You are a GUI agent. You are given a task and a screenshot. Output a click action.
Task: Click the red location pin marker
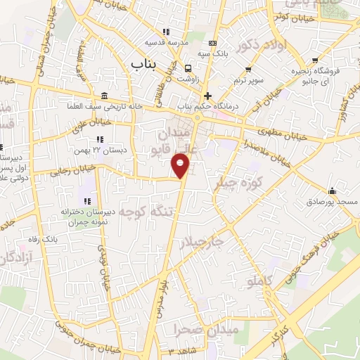(181, 165)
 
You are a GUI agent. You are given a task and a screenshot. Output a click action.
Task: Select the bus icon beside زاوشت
(188, 69)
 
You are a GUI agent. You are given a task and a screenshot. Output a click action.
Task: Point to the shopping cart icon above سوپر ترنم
(249, 70)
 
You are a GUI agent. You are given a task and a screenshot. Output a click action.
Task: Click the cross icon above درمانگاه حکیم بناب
(207, 96)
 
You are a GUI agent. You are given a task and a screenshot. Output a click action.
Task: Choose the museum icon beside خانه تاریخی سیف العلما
(104, 96)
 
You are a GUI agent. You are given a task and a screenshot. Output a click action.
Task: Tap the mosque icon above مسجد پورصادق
(332, 191)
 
